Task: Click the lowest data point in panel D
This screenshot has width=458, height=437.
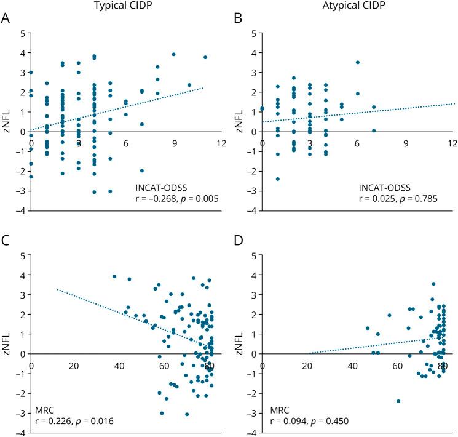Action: [398, 401]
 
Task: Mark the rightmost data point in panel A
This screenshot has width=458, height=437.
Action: [205, 57]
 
